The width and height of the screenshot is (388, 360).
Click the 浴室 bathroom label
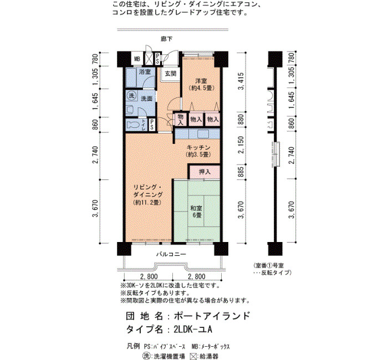click(145, 72)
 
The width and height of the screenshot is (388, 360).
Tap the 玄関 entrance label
click(171, 74)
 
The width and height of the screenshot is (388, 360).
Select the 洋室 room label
click(201, 81)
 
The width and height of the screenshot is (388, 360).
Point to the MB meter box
click(137, 59)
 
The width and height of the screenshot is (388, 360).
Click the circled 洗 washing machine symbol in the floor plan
click(131, 96)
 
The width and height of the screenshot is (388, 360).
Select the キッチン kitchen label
click(198, 147)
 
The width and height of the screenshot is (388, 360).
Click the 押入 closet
click(205, 172)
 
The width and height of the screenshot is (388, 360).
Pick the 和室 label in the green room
click(196, 208)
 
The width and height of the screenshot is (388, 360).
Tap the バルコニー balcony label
click(171, 254)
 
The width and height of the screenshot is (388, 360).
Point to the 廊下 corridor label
click(166, 39)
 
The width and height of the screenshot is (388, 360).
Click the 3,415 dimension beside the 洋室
click(241, 81)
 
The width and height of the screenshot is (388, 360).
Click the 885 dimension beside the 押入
click(241, 172)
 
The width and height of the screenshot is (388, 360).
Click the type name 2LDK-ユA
click(193, 330)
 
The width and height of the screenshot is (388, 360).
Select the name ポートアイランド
click(212, 316)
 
